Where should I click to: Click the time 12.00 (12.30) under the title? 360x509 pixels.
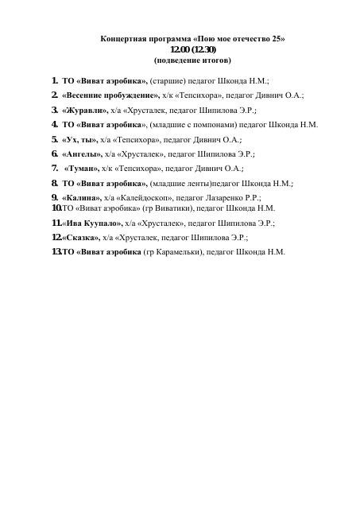pyautogui.click(x=193, y=49)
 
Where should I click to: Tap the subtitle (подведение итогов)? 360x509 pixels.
pyautogui.click(x=192, y=60)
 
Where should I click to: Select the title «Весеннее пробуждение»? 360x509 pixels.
pyautogui.click(x=110, y=95)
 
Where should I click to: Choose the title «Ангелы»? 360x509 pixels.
pyautogui.click(x=81, y=153)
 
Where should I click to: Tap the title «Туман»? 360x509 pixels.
pyautogui.click(x=81, y=169)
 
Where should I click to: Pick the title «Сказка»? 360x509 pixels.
pyautogui.click(x=79, y=237)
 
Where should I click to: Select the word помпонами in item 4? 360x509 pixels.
pyautogui.click(x=204, y=125)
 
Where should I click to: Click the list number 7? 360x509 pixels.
pyautogui.click(x=54, y=169)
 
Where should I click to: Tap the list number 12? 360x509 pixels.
pyautogui.click(x=56, y=237)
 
